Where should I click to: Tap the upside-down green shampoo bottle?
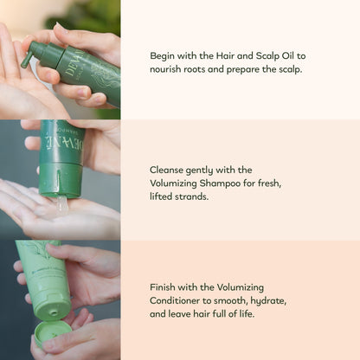click(62, 156)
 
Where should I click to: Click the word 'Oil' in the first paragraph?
click(282, 53)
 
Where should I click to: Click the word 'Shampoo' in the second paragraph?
click(240, 184)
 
